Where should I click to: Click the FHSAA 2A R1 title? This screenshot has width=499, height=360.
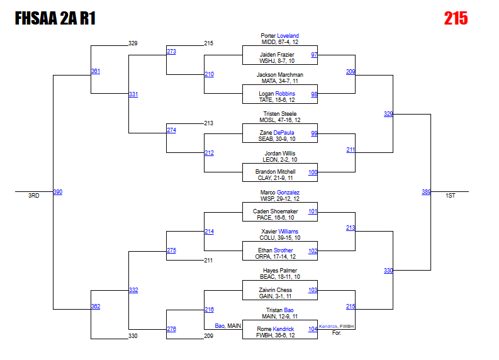(x=55, y=19)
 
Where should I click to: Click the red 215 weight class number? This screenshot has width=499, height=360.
(x=456, y=18)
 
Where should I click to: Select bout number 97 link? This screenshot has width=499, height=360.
(x=313, y=55)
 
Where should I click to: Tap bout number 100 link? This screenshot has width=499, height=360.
(x=313, y=172)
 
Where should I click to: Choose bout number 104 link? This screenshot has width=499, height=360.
(x=313, y=329)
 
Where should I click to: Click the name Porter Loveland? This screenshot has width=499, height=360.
(x=279, y=36)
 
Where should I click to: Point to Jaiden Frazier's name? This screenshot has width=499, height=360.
(x=277, y=55)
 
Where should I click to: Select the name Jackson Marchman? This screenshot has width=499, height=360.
(x=279, y=75)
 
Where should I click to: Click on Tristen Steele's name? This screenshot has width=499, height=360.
(x=279, y=114)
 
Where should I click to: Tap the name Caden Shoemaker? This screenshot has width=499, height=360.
(x=275, y=211)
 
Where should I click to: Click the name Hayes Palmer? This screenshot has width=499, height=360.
(x=279, y=271)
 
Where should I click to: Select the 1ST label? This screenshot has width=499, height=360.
(x=450, y=196)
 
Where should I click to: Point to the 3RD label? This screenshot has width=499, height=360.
(x=33, y=196)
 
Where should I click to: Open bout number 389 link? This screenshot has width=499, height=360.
(x=426, y=192)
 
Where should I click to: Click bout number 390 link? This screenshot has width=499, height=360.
(x=57, y=192)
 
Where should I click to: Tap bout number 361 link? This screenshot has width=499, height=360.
(x=95, y=71)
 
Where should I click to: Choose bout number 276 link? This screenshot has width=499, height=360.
(x=171, y=329)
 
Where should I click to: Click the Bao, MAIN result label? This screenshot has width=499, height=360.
(x=228, y=325)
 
